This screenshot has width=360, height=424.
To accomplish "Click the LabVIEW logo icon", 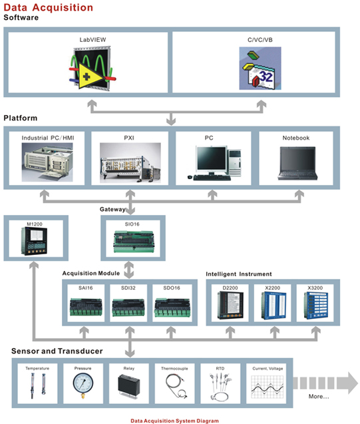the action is coord(92,69).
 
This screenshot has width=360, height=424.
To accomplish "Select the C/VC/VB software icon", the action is coord(260,69).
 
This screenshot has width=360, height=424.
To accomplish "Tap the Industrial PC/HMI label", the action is coord(48,138).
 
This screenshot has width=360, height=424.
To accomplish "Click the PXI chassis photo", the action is coord(130,163).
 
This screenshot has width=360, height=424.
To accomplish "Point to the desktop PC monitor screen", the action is coord(212,158).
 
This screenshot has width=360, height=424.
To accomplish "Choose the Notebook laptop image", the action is coord(297,163).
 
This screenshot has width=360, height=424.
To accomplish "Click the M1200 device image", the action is coord(34,241).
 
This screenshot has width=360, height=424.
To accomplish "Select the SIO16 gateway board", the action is coord(134,242).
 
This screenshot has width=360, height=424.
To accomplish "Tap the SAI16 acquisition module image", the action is coord(86,307).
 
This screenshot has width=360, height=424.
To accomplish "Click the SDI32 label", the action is coord(128,288).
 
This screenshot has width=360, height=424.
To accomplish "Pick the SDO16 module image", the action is coord(172,308).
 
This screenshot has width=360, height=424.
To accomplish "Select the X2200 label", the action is coord(272,288).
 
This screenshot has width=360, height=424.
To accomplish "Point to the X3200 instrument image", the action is coord(315,306).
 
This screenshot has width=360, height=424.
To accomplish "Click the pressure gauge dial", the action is coord(83,383).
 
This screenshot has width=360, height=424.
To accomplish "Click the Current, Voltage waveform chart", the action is coord(268,387).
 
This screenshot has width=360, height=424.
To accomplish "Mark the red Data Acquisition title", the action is coord(49,7).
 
